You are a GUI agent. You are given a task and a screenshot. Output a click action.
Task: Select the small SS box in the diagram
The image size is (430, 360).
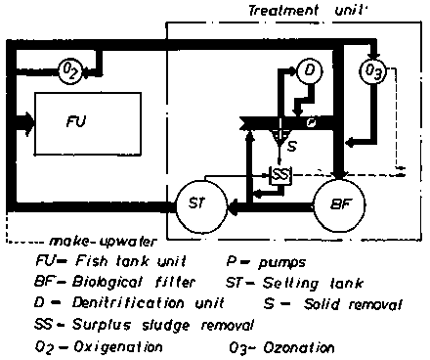[279, 176]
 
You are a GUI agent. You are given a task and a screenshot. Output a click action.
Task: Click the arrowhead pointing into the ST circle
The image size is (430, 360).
[233, 206]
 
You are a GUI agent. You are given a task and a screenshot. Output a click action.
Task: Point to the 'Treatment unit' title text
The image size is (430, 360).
[308, 11]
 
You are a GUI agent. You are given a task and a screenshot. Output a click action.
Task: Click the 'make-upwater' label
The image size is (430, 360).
[103, 242]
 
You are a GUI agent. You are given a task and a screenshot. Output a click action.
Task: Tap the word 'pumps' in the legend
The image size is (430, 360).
[282, 262]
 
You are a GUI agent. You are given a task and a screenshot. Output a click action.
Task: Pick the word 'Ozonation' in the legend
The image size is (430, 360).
[299, 348]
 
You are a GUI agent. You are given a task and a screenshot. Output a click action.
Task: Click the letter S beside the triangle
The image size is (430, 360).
[292, 146]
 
